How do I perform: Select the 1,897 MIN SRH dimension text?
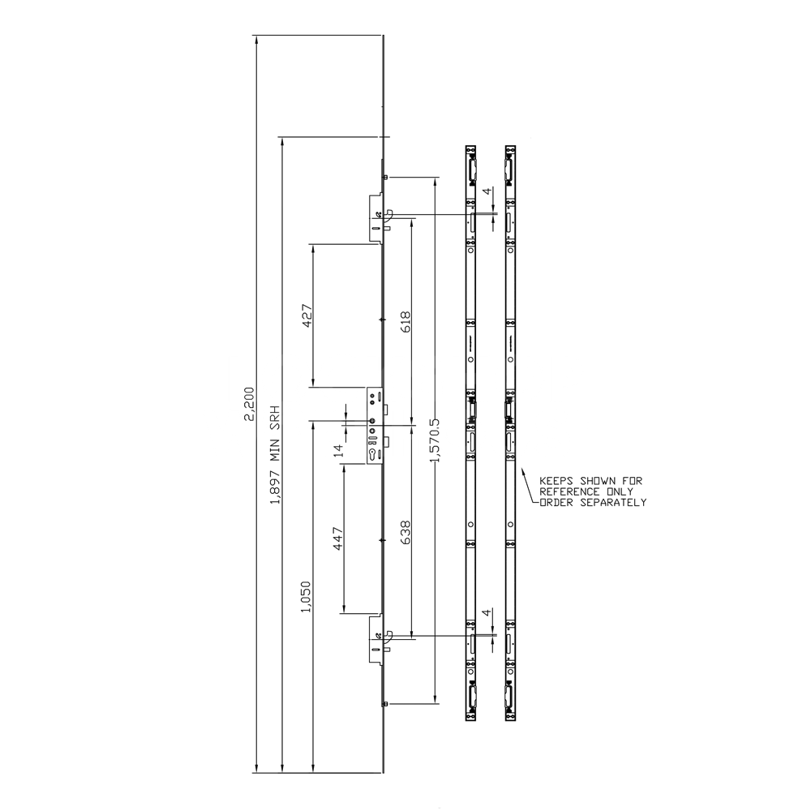pyautogui.click(x=275, y=455)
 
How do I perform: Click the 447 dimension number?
pyautogui.click(x=338, y=539)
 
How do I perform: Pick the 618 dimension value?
pyautogui.click(x=405, y=322)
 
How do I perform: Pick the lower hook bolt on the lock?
pyautogui.click(x=388, y=637)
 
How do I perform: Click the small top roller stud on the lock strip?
pyautogui.click(x=385, y=176)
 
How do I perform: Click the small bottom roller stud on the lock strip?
pyautogui.click(x=385, y=703)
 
